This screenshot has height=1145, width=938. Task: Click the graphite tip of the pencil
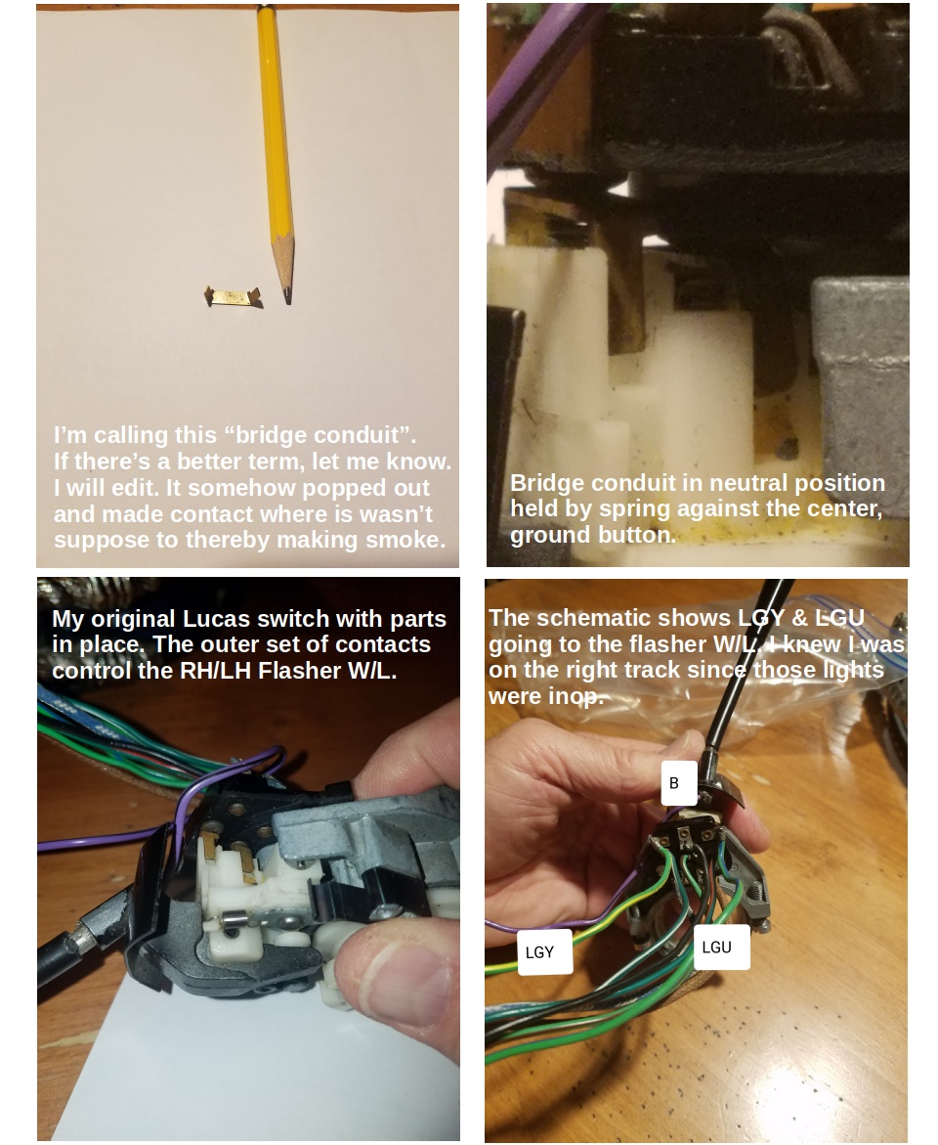(x=287, y=297)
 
